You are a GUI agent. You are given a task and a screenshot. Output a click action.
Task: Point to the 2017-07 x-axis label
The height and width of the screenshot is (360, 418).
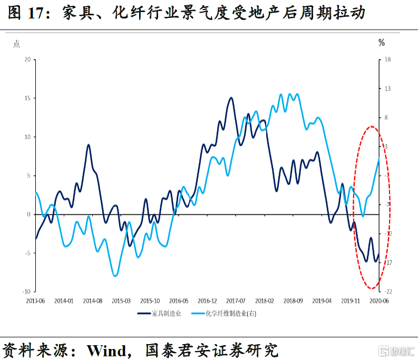(x=236, y=301)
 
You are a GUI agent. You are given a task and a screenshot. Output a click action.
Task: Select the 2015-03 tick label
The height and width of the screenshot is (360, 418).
(x=121, y=301)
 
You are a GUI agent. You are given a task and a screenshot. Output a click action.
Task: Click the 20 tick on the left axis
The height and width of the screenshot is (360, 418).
(x=27, y=60)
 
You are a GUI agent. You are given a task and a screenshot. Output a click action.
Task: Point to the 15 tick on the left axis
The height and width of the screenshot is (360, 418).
(x=27, y=98)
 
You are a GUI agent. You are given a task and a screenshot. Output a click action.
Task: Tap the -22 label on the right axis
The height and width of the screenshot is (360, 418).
(x=388, y=291)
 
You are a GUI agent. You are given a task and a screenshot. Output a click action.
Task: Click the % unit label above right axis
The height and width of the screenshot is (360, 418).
(x=382, y=43)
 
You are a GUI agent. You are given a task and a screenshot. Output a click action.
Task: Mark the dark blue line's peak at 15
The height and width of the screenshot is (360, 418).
(x=231, y=98)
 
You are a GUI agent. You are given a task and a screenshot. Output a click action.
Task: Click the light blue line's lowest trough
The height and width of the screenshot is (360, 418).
(x=115, y=276)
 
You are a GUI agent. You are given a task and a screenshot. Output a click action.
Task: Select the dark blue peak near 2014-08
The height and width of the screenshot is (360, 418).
(x=89, y=144)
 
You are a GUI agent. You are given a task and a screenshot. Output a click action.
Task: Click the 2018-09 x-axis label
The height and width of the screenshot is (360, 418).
(x=293, y=301)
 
